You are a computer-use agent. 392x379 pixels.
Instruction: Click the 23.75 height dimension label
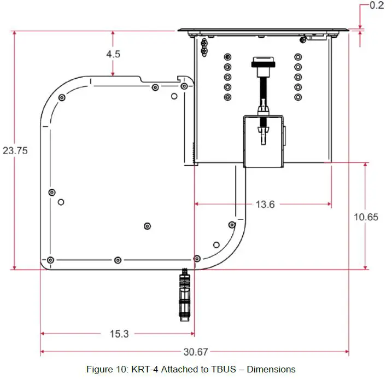coord(15,150)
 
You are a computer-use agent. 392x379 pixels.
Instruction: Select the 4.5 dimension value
coord(114,54)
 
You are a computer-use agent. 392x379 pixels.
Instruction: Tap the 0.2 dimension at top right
coord(377,5)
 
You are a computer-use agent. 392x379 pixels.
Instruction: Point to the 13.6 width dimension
coord(265,204)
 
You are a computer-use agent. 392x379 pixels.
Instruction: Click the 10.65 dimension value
coord(366,217)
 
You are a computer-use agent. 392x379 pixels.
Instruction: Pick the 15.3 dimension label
coord(119,334)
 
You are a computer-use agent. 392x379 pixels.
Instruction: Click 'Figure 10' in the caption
coord(107,369)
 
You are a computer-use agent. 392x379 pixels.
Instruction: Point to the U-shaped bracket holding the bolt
coord(264,141)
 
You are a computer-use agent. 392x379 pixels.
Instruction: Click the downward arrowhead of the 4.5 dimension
coord(113,74)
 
